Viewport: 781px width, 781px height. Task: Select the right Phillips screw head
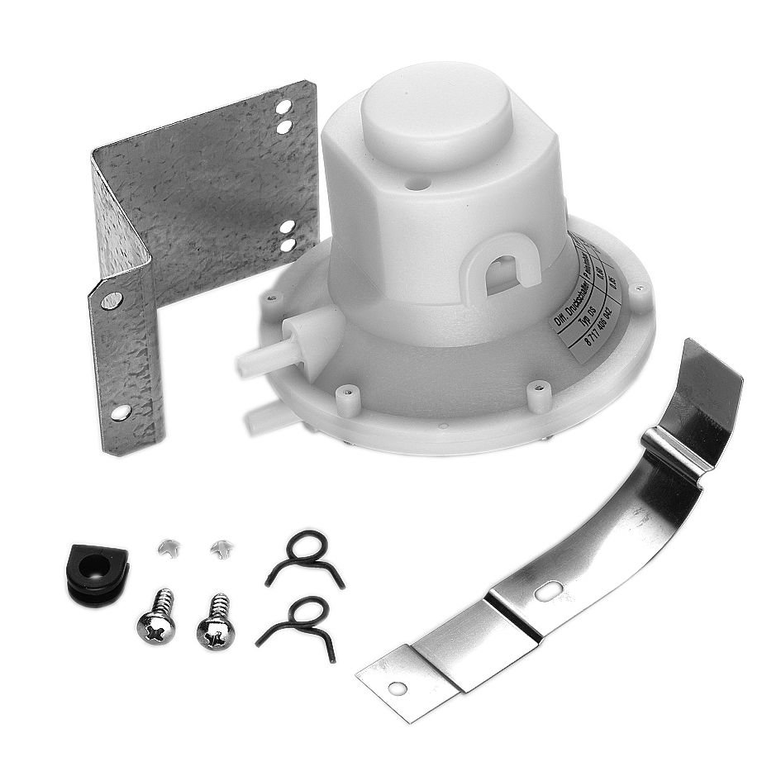pos(216,631)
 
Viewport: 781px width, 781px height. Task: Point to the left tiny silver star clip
pos(167,546)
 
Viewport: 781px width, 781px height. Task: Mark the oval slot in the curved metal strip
pos(548,591)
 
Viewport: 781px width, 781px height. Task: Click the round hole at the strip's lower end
pos(398,687)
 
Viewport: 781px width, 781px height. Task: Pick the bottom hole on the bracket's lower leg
pos(121,411)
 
